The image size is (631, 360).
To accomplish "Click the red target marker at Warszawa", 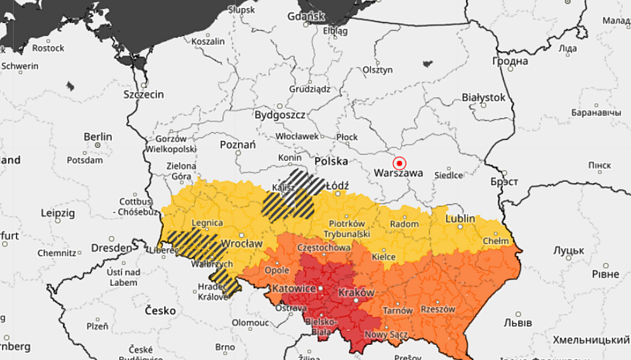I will tap(399, 162).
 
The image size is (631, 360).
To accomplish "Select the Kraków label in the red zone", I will tap(356, 292).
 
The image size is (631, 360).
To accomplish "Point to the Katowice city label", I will tap(294, 288).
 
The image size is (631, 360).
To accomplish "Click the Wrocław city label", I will tap(241, 243).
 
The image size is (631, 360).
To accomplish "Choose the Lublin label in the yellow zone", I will tap(460, 219).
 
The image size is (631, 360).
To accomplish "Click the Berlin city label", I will tap(98, 136).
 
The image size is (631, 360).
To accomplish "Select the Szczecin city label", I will tap(143, 94).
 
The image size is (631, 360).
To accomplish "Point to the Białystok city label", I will tap(483, 97).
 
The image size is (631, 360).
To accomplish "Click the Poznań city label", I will tap(237, 145).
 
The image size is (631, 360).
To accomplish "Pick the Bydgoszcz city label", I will tap(280, 115).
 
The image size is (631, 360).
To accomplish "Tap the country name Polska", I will tap(331, 161).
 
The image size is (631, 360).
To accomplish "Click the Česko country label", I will tap(160, 311).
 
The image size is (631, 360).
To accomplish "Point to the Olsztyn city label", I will tap(377, 70).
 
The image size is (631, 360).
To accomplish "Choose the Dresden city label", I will tap(111, 247).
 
